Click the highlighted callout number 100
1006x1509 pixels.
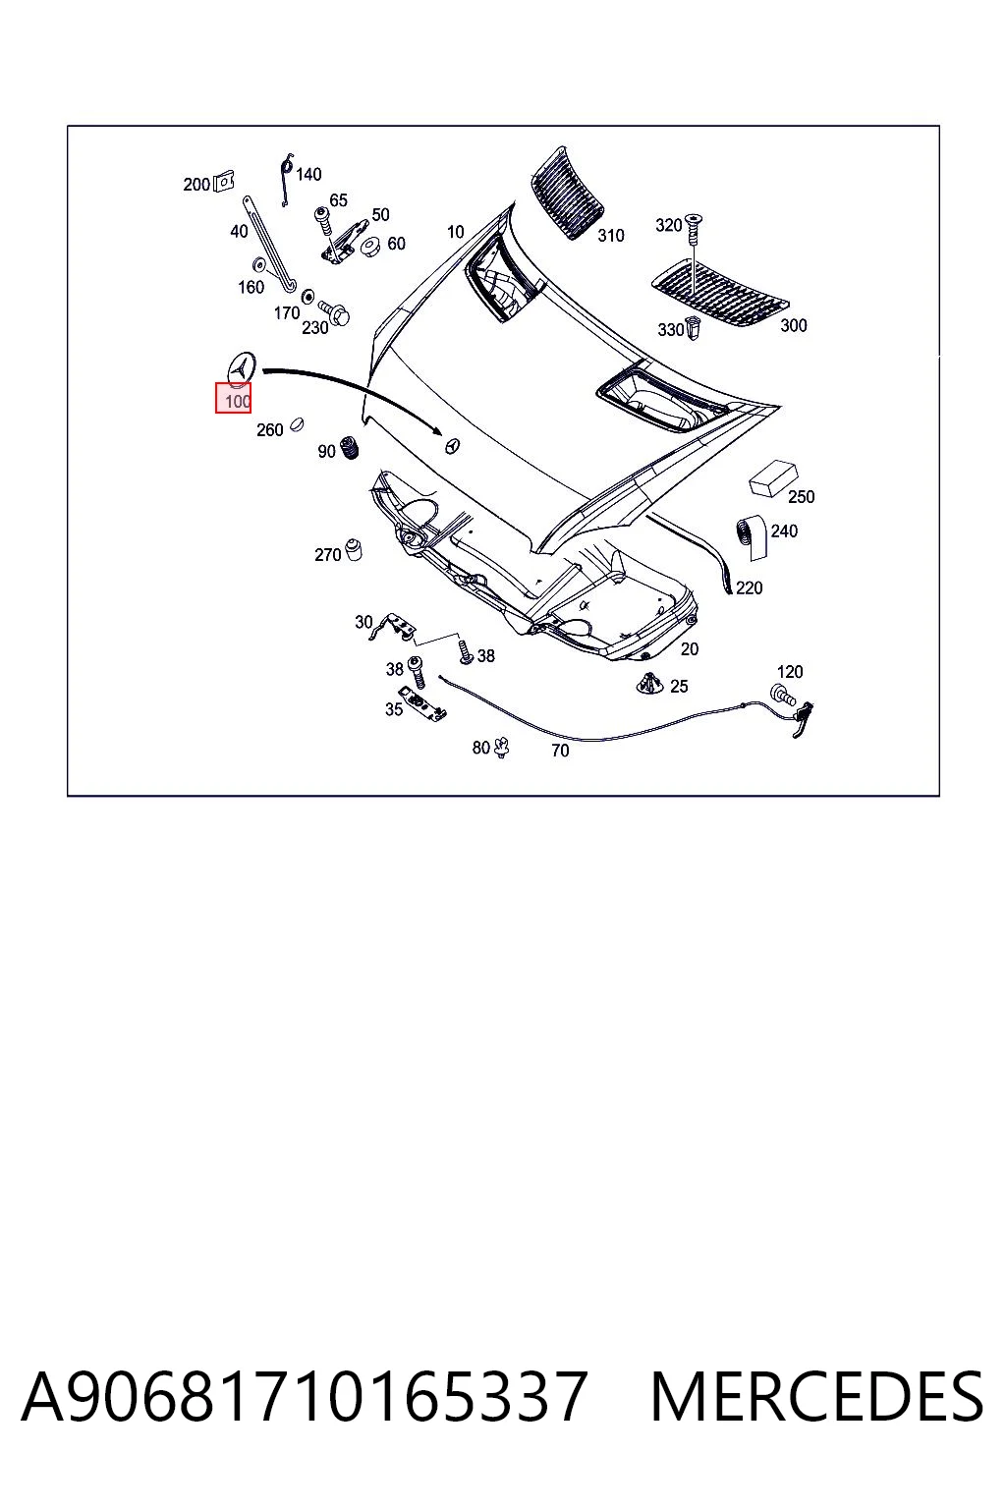click(x=238, y=402)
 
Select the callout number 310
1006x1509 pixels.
click(x=610, y=236)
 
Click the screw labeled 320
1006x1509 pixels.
click(x=693, y=228)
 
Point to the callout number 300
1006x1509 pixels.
click(x=793, y=325)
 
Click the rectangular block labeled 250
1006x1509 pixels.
click(x=773, y=478)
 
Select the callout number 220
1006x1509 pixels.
click(x=749, y=588)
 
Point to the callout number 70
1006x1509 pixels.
click(x=560, y=751)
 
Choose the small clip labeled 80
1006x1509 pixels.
click(x=501, y=747)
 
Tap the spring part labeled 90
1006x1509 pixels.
click(x=349, y=448)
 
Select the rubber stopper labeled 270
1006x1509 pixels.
click(x=353, y=550)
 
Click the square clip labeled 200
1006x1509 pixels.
click(x=224, y=181)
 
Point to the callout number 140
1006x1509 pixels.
click(x=308, y=175)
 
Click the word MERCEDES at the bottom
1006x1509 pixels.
click(x=816, y=1397)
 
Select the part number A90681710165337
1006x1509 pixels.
click(x=304, y=1397)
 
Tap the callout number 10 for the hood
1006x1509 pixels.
click(x=456, y=232)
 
